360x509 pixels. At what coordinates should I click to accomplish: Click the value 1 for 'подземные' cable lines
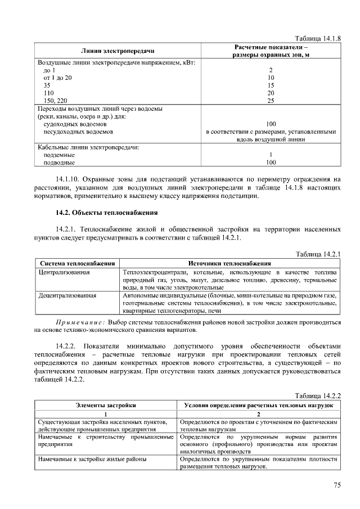[x=271, y=155]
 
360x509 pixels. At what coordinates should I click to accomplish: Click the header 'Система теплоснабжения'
[x=78, y=263]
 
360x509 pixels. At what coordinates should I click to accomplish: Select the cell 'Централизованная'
[x=64, y=272]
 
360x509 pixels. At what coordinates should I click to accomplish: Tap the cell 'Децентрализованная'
[x=67, y=295]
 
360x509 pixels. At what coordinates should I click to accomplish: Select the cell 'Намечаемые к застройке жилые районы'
[x=93, y=459]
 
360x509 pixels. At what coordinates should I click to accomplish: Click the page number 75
[x=336, y=485]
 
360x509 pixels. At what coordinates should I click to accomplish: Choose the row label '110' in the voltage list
[x=48, y=93]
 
